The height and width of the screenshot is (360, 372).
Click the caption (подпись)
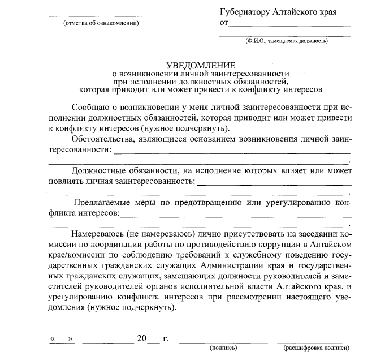point(223,346)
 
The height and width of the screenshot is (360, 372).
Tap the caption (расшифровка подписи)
point(315,346)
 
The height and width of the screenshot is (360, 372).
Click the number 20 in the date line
point(141,338)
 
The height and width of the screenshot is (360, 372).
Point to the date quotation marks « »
point(62,338)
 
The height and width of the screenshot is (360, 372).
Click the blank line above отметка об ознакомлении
point(102,15)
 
